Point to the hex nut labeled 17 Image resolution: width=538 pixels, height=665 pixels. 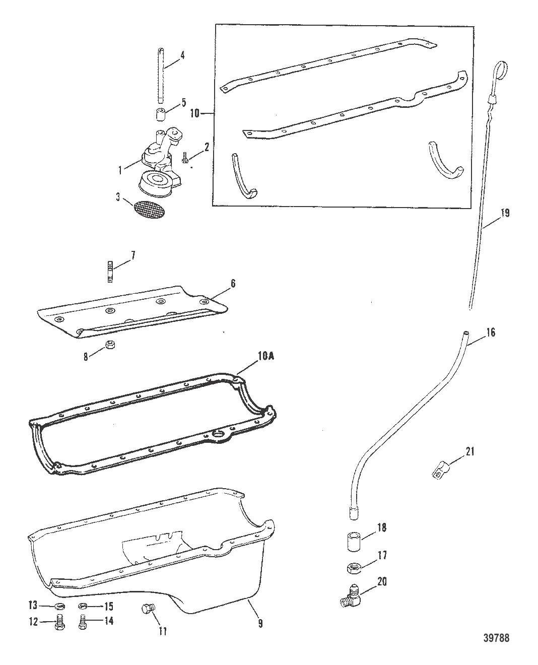point(354,568)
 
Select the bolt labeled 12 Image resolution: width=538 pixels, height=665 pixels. point(58,622)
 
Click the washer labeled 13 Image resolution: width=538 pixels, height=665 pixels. point(58,606)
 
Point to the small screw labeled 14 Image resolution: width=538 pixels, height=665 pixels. point(84,621)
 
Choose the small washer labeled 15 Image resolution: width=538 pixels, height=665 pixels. point(84,607)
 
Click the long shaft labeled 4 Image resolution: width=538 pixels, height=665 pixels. point(160,74)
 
